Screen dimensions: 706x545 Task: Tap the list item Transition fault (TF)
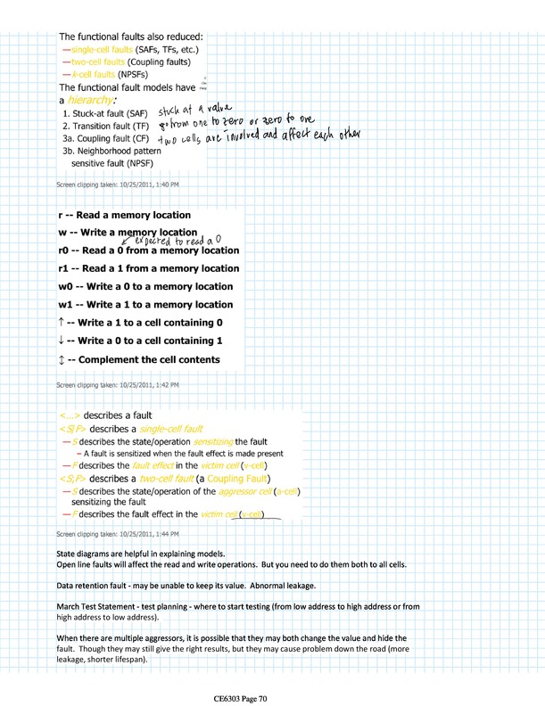coord(108,127)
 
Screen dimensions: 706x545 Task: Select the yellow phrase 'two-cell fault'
coord(169,479)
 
